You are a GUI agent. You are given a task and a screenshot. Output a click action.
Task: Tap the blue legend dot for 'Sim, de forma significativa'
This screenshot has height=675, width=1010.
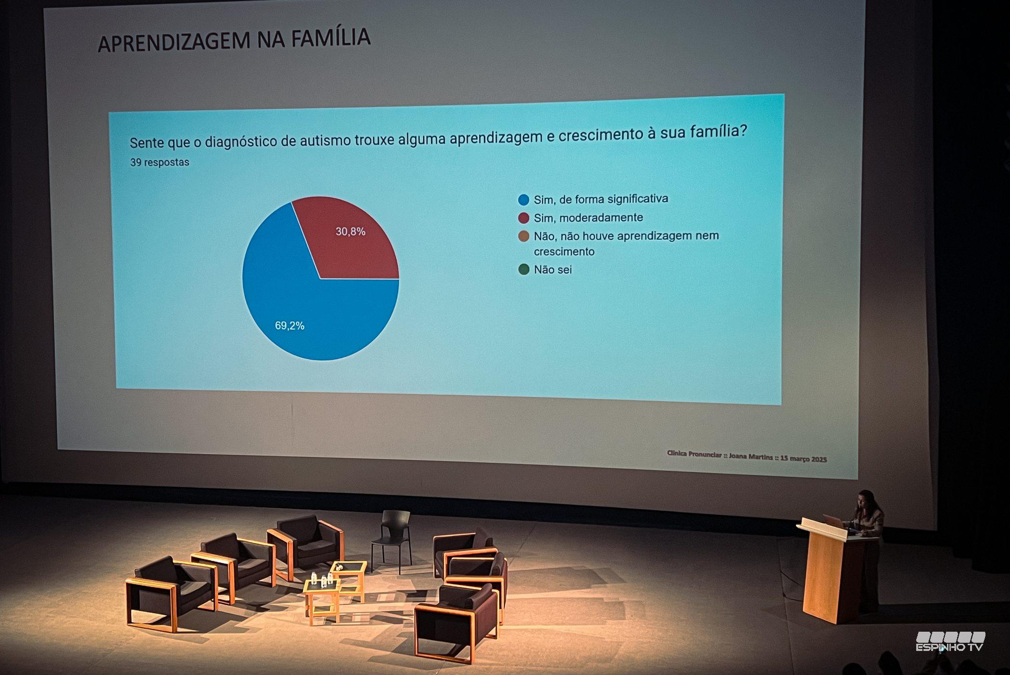click(x=524, y=200)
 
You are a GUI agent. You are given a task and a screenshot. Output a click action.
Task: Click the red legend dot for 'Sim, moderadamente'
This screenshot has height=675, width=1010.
click(x=524, y=218)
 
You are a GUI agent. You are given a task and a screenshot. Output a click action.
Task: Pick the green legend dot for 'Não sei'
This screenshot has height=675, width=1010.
click(x=524, y=269)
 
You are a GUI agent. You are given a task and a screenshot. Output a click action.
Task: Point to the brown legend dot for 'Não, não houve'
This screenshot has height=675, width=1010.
click(x=524, y=236)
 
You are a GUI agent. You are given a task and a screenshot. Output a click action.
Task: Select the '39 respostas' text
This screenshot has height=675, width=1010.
click(x=160, y=162)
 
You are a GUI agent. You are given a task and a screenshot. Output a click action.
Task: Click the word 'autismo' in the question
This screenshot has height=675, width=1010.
click(x=327, y=140)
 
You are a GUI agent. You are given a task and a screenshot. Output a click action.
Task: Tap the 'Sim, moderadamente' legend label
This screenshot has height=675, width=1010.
click(x=588, y=217)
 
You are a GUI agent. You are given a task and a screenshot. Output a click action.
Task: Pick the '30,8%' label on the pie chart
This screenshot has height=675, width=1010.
click(x=351, y=231)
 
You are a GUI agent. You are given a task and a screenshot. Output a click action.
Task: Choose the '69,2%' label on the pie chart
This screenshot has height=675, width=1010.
click(x=290, y=326)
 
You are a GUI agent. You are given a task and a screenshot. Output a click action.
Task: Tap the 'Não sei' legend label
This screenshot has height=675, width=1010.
click(x=553, y=269)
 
